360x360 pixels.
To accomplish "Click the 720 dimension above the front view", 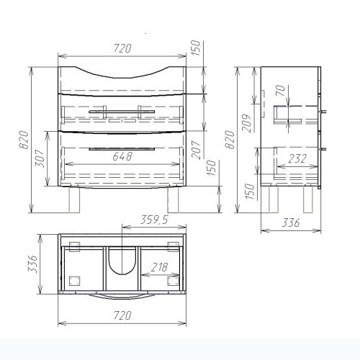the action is point(122,48).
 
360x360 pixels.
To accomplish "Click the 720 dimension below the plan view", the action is point(122,315).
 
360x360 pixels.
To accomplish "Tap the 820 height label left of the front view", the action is point(24,140).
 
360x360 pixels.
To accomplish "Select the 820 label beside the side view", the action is point(230,140).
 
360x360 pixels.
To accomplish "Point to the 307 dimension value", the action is point(40,158).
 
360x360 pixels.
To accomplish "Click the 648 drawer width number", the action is point(122,156).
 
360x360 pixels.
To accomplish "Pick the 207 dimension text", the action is point(196,150).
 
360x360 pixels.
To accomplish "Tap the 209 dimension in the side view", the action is point(246,123).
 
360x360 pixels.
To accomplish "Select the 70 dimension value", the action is point(281,91).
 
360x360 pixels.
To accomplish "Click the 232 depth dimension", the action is point(297,159).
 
